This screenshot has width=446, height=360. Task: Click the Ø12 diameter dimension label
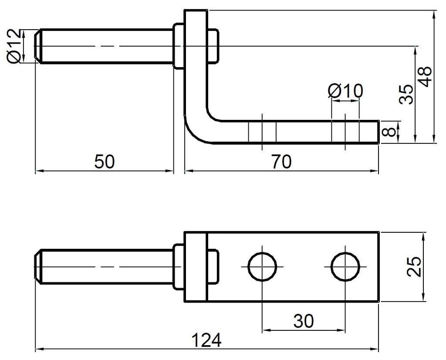pyautogui.click(x=14, y=46)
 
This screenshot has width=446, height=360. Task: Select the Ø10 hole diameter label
pyautogui.click(x=345, y=92)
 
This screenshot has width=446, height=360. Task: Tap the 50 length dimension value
pyautogui.click(x=104, y=162)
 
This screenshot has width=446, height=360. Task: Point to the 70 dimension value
pyautogui.click(x=281, y=162)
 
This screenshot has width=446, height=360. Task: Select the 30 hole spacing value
pyautogui.click(x=303, y=322)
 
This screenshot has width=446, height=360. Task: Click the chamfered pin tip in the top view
pyautogui.click(x=38, y=46)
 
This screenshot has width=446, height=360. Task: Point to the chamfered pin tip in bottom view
pyautogui.click(x=38, y=266)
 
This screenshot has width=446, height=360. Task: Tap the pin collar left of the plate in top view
pyautogui.click(x=179, y=46)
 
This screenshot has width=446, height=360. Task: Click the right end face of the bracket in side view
pyautogui.click(x=378, y=132)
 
